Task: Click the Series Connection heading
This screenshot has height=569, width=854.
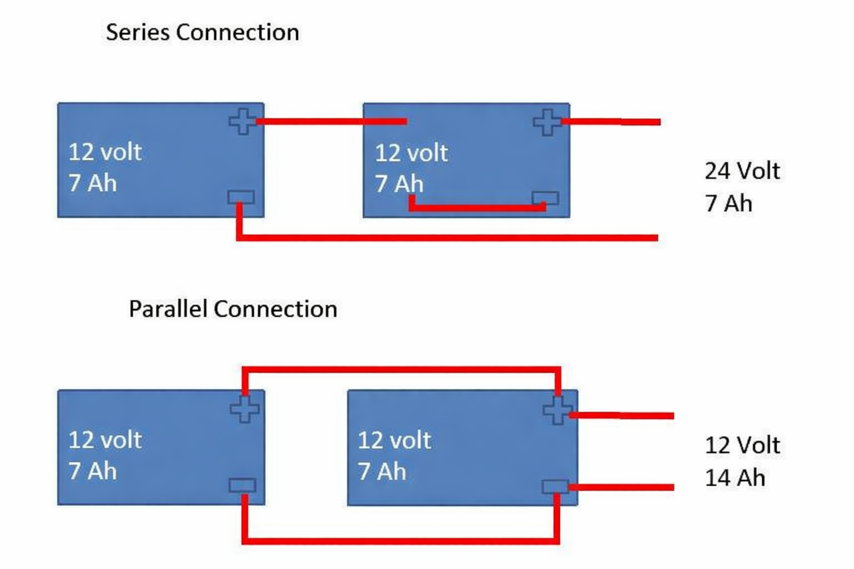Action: click(x=202, y=32)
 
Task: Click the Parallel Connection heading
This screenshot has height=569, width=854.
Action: click(x=233, y=309)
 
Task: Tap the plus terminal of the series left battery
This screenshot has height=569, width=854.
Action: click(x=242, y=121)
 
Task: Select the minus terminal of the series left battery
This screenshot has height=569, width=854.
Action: click(x=241, y=197)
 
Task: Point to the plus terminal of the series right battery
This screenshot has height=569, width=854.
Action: click(x=547, y=122)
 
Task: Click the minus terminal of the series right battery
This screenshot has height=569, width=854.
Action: click(x=545, y=198)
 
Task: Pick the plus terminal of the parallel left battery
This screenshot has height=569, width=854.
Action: click(x=245, y=409)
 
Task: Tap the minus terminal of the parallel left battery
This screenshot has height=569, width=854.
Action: click(x=242, y=486)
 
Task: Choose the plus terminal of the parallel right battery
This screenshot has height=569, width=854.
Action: click(x=557, y=411)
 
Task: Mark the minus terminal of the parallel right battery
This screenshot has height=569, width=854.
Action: click(x=555, y=487)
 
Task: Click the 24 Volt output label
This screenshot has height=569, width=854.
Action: click(x=742, y=171)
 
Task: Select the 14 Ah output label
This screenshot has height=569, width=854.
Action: click(x=735, y=478)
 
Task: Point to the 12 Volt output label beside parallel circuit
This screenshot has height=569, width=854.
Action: click(x=742, y=445)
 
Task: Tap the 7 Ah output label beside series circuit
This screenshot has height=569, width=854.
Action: click(x=728, y=203)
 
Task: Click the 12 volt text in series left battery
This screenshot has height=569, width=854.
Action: click(x=105, y=152)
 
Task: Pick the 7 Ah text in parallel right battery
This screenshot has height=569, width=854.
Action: click(x=382, y=472)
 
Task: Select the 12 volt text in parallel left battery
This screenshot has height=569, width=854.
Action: click(x=105, y=440)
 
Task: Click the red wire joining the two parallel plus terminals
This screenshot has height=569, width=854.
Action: click(x=400, y=370)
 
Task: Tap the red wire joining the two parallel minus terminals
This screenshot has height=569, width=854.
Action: click(x=400, y=540)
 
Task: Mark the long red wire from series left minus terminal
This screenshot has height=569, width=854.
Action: click(x=445, y=238)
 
